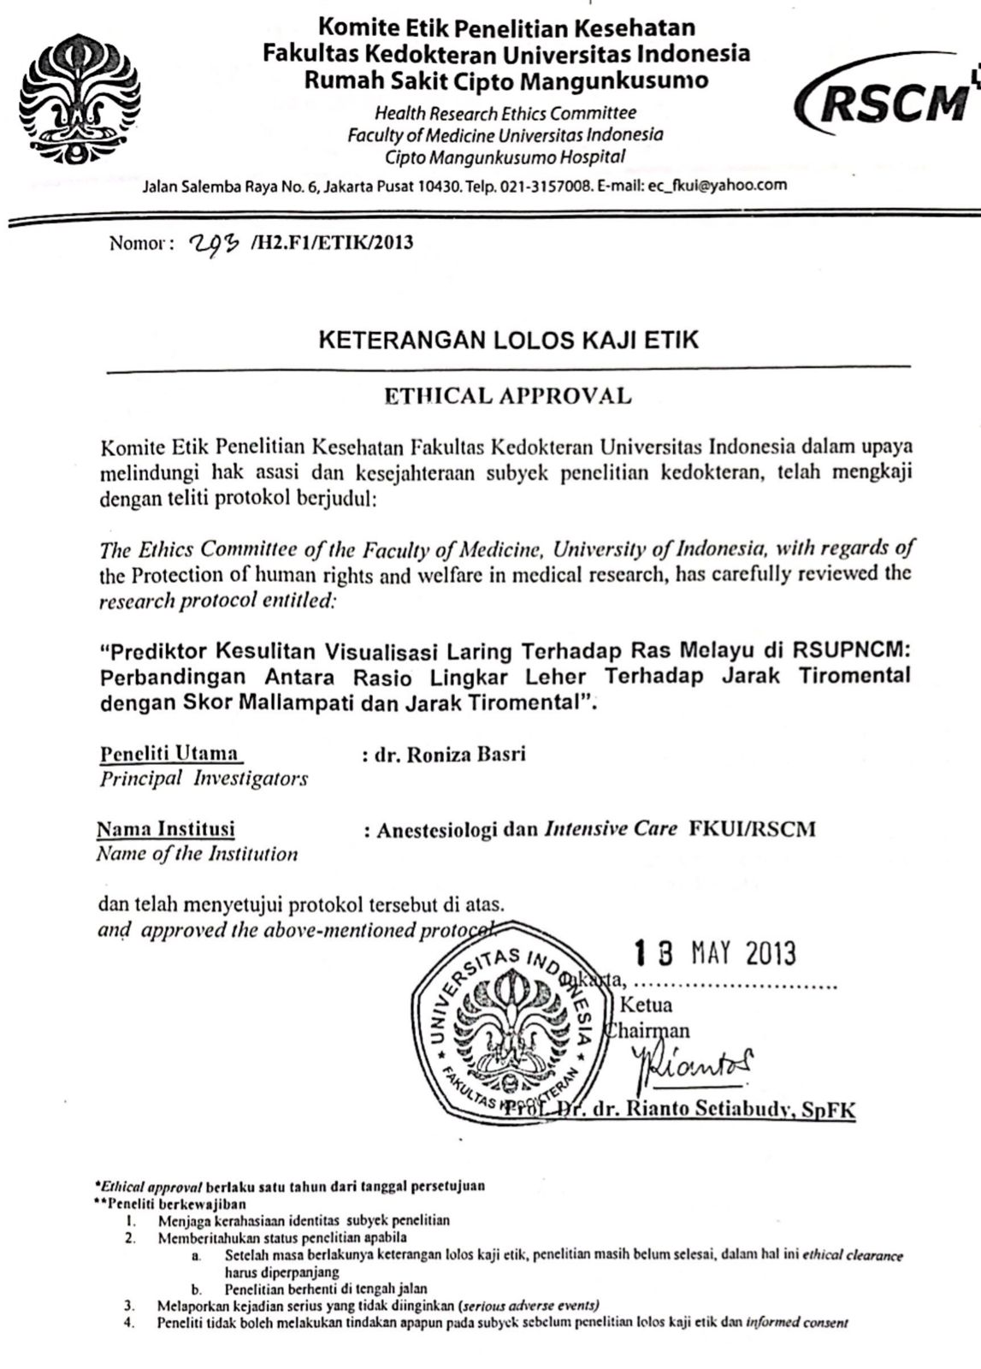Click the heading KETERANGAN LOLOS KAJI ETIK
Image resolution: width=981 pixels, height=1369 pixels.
tap(508, 340)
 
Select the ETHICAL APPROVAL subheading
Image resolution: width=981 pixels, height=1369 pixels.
tap(508, 395)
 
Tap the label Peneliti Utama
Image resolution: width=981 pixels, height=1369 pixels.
tap(169, 754)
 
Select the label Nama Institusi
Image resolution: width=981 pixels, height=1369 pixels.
tap(166, 828)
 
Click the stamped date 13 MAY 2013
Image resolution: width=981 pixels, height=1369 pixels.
tap(714, 953)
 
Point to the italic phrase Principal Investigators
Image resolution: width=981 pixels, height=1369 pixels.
tap(204, 779)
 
